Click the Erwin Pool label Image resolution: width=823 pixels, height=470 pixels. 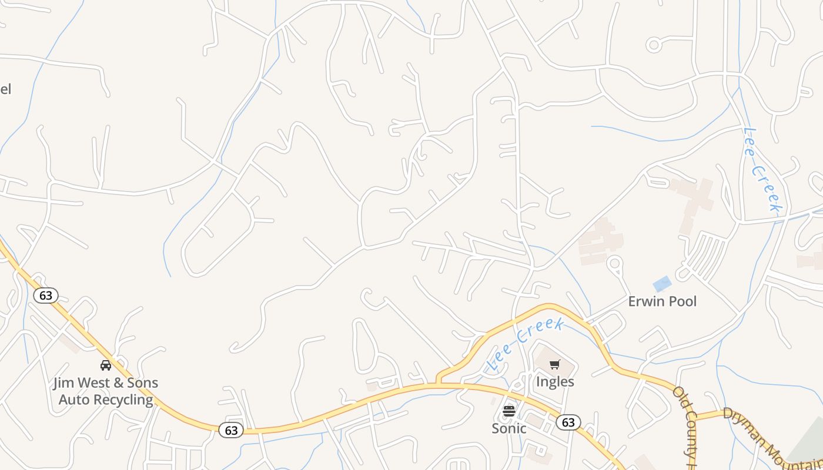click(662, 301)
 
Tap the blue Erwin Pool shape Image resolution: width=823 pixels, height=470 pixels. click(662, 284)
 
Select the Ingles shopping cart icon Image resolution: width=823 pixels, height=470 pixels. click(555, 365)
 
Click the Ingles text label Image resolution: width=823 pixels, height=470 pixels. click(555, 382)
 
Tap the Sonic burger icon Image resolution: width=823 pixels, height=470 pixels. click(509, 411)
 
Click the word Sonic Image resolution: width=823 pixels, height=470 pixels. click(509, 428)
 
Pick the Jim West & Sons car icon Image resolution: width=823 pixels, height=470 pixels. click(106, 365)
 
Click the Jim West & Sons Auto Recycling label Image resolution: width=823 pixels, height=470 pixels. click(106, 391)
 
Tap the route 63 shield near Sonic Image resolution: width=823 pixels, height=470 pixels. click(568, 422)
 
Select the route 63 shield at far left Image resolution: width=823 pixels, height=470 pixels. click(46, 295)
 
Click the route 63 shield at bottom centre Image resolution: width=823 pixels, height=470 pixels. click(231, 431)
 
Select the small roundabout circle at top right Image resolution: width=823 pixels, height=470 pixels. click(654, 45)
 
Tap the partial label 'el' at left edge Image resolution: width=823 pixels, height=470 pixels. click(5, 89)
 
